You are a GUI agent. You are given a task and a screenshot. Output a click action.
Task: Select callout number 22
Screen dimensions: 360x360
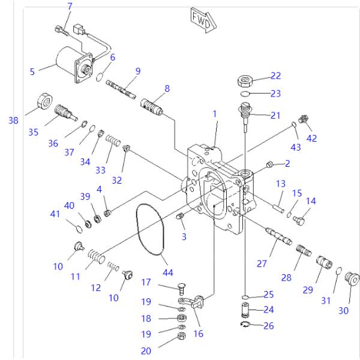pyautogui.click(x=275, y=76)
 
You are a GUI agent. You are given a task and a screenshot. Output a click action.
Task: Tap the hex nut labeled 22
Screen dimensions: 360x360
pyautogui.click(x=246, y=81)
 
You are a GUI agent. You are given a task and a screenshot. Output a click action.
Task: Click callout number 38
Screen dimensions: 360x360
pyautogui.click(x=13, y=120)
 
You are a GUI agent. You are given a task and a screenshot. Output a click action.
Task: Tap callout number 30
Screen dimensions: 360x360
pyautogui.click(x=343, y=310)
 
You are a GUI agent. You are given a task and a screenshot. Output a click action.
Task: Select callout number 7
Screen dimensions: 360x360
pyautogui.click(x=70, y=7)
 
